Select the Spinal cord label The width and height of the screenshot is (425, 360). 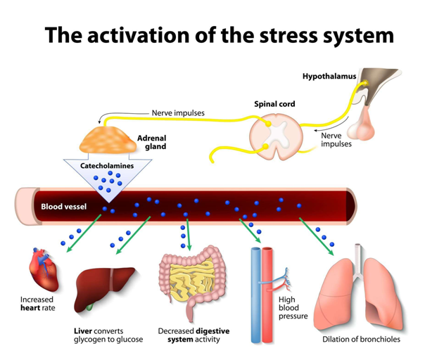[x=274, y=104]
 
